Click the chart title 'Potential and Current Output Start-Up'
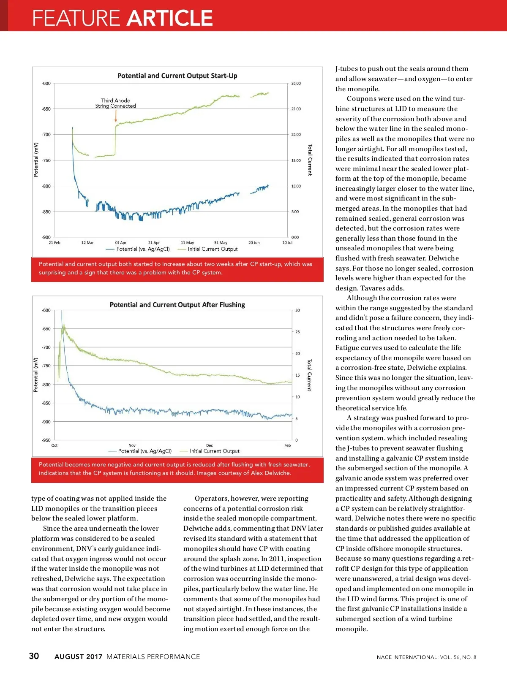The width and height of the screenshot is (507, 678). pos(177,76)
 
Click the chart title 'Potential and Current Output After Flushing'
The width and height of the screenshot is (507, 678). pos(177,305)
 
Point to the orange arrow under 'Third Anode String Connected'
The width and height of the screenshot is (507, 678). pos(116,116)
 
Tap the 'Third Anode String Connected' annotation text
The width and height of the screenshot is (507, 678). pos(115,103)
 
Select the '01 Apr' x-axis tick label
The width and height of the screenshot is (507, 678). pos(121,243)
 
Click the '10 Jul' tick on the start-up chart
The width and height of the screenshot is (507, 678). pos(287,243)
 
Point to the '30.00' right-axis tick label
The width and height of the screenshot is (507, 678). pos(296,84)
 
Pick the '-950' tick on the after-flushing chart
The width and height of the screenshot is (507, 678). pos(46,440)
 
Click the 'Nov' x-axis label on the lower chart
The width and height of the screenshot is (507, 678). pos(132,445)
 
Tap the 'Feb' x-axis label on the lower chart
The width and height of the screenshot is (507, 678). pos(287,445)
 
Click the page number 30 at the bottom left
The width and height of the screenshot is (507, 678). pos(34,656)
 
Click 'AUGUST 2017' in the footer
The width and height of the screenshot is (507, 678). pos(78,657)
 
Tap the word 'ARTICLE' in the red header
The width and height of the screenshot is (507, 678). pos(170,18)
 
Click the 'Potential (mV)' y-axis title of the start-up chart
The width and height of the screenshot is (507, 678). pos(36,160)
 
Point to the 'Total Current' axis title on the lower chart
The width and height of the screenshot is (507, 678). pos(309,375)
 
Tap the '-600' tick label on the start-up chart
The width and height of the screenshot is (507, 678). pos(46,84)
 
